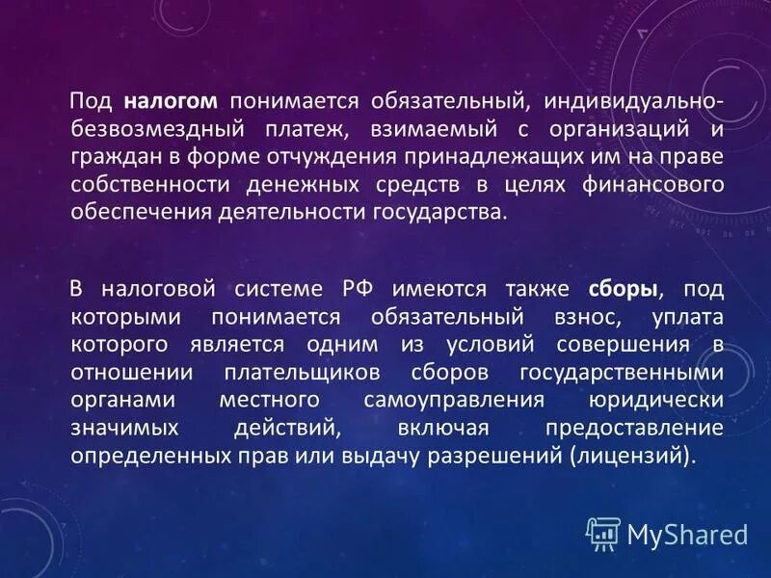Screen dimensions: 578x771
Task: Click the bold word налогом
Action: [171, 101]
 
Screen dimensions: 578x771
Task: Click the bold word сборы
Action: [623, 289]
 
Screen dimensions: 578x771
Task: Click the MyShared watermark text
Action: [687, 534]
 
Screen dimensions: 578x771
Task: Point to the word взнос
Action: [572, 317]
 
